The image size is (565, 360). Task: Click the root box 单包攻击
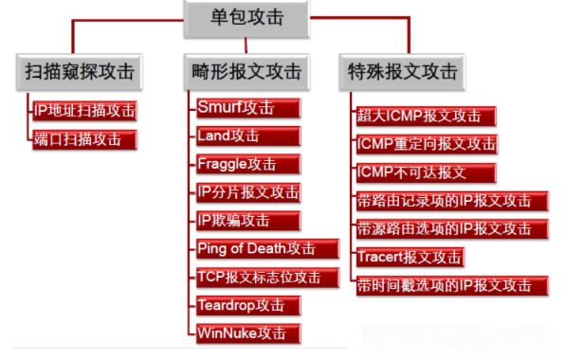point(246,19)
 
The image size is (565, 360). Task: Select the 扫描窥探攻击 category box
point(79,72)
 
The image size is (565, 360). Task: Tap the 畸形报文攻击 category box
point(246,72)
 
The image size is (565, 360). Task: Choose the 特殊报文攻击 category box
point(402,72)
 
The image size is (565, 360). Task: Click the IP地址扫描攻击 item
point(83,111)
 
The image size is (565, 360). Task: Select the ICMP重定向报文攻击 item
point(425,144)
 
